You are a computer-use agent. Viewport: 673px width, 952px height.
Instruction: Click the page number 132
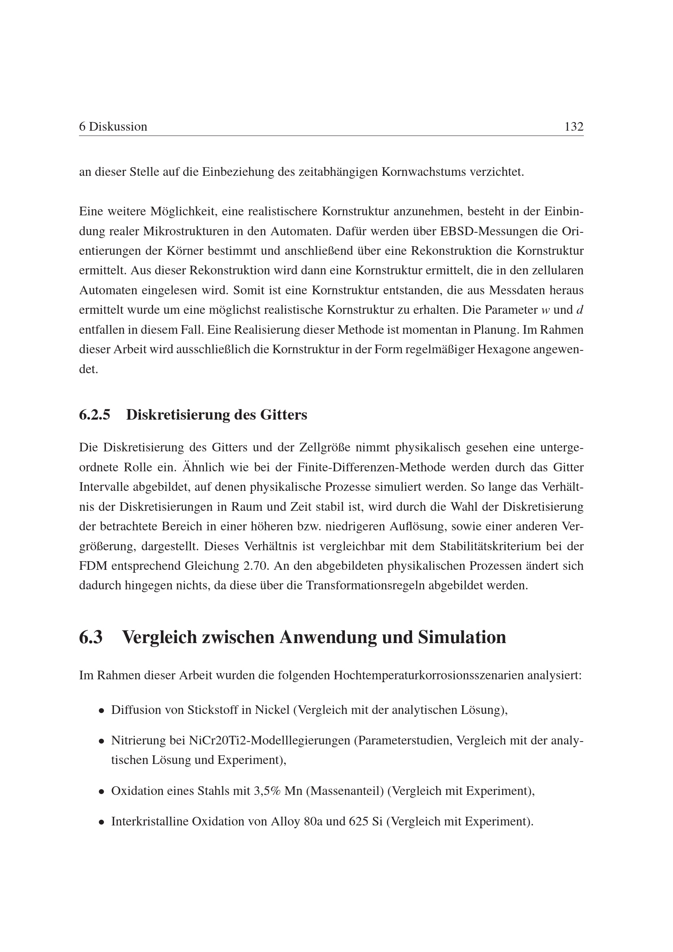574,127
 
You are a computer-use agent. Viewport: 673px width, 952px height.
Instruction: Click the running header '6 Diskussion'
113,127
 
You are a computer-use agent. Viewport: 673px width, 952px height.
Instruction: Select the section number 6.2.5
94,415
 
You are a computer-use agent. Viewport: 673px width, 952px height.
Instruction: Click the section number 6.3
91,637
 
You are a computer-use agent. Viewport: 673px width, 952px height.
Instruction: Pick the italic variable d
580,310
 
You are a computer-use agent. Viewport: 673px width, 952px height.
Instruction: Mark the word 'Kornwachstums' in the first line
423,172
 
